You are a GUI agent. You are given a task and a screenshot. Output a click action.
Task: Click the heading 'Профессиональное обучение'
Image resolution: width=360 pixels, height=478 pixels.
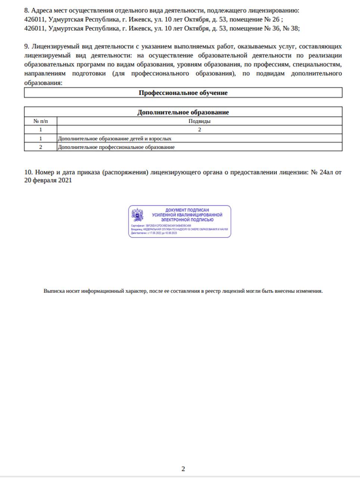click(183, 93)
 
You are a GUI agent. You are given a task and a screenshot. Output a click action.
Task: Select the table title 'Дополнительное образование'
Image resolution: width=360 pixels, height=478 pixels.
click(183, 112)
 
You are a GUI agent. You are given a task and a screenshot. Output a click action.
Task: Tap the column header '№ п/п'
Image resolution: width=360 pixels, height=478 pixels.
click(40, 121)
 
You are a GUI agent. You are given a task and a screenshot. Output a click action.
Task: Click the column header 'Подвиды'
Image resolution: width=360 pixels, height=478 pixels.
click(199, 121)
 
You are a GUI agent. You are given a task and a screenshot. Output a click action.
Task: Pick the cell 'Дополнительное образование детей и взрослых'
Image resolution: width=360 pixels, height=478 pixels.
click(115, 139)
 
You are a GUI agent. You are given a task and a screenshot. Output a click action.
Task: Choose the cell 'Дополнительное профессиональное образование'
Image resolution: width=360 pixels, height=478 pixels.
click(116, 147)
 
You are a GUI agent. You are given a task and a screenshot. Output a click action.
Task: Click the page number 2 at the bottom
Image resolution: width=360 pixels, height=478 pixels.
click(183, 469)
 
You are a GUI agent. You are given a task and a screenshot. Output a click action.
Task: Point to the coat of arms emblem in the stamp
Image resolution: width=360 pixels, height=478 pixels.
click(137, 215)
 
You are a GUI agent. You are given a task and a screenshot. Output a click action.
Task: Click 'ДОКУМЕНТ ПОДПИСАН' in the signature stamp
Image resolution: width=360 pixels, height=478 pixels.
click(187, 210)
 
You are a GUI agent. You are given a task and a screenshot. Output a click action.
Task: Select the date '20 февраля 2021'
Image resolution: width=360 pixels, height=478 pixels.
click(48, 181)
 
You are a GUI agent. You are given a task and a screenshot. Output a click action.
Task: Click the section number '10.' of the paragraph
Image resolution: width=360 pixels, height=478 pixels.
click(28, 173)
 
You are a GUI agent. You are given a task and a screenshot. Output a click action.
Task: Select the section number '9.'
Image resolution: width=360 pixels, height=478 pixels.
click(27, 47)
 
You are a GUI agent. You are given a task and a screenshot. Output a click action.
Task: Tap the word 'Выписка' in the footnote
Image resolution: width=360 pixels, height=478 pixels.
click(54, 291)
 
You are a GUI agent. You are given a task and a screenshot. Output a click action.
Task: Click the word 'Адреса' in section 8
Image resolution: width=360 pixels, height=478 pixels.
click(41, 10)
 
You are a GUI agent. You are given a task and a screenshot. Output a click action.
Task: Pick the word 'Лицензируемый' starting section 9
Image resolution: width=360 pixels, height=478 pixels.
click(55, 47)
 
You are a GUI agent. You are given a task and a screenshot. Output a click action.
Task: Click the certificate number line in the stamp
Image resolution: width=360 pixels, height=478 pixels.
click(161, 226)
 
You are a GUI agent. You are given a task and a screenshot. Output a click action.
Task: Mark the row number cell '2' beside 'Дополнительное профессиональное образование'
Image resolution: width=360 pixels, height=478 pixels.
click(40, 147)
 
